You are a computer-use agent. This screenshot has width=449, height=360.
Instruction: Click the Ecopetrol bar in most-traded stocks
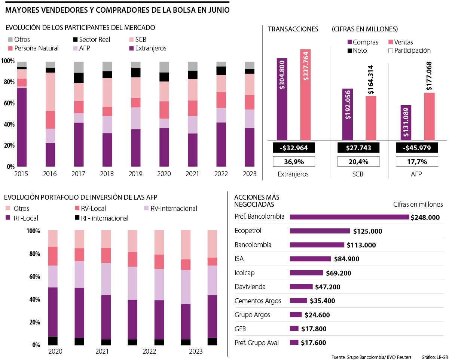(x=320, y=231)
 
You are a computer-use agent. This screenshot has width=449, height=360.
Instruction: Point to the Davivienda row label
(x=250, y=287)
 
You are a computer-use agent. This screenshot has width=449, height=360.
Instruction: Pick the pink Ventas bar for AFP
(x=429, y=116)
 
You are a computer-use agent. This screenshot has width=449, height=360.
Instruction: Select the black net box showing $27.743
(x=358, y=148)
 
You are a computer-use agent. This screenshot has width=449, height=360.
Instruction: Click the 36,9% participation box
(x=294, y=161)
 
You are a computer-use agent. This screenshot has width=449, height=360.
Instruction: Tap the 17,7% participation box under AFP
(x=417, y=161)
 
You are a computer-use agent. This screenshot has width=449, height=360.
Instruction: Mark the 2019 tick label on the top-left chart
(x=135, y=174)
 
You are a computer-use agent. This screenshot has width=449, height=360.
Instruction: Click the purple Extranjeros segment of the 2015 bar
(x=22, y=127)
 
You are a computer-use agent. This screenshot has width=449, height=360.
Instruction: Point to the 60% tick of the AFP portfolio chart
(x=33, y=277)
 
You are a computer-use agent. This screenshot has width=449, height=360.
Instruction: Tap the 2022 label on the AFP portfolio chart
(x=149, y=351)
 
